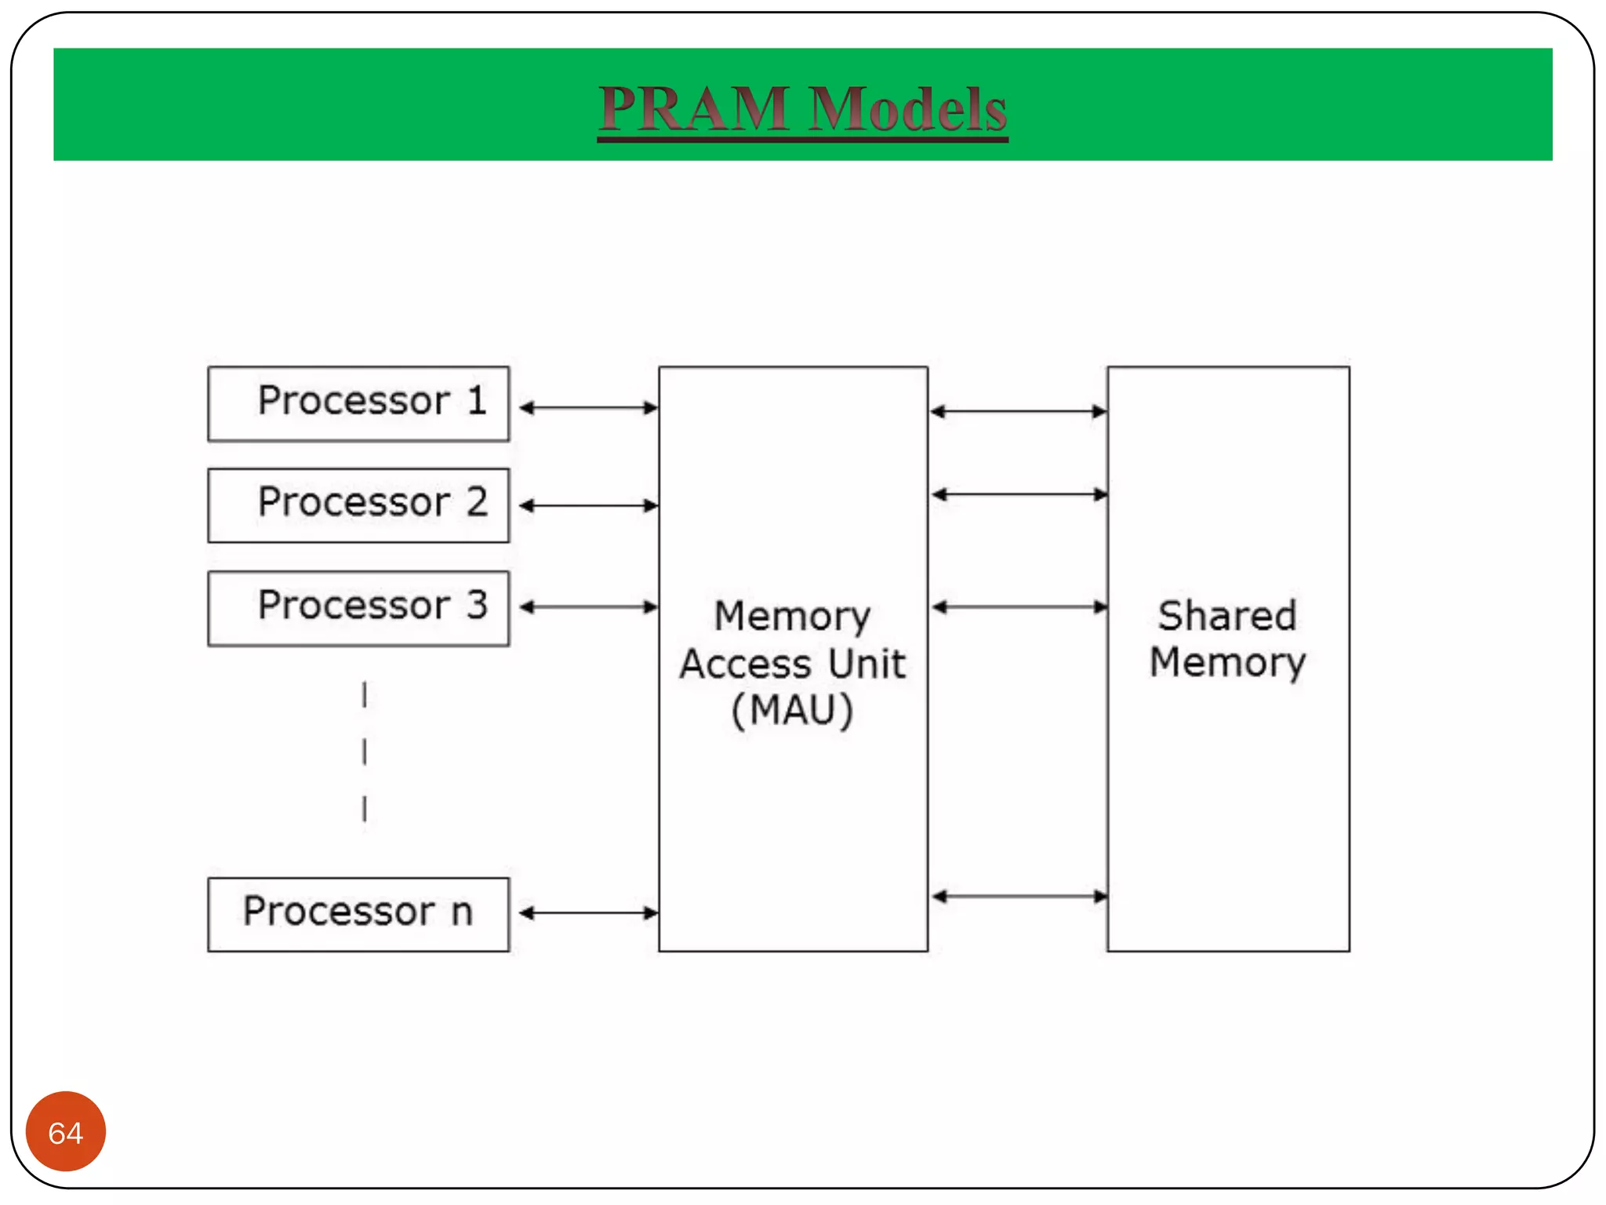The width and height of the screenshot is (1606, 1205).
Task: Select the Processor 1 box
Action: [358, 404]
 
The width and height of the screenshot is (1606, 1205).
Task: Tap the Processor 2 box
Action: [358, 506]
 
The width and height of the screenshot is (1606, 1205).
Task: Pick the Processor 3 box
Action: [358, 609]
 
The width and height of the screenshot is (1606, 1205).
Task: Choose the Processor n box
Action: [358, 915]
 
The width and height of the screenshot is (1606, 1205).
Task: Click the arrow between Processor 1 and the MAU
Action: [589, 408]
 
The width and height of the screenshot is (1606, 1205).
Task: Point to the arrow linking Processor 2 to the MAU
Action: [589, 506]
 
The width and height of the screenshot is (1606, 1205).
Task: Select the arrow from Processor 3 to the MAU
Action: [589, 607]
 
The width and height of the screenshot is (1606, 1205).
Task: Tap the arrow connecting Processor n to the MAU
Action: [589, 913]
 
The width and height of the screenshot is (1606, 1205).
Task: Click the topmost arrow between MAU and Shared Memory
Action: [1019, 411]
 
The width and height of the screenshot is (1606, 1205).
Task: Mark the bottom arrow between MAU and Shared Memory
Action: [1019, 897]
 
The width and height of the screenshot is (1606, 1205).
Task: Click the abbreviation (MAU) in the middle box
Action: [792, 711]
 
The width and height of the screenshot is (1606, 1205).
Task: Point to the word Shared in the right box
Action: [1227, 615]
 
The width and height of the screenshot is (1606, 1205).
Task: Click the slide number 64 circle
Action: [66, 1131]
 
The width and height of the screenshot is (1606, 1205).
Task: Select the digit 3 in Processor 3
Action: [478, 605]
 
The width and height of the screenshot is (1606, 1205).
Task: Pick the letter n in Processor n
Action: [463, 913]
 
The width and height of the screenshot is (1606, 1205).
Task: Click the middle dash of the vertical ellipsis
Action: [365, 752]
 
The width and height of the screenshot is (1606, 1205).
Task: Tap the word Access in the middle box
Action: [745, 664]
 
